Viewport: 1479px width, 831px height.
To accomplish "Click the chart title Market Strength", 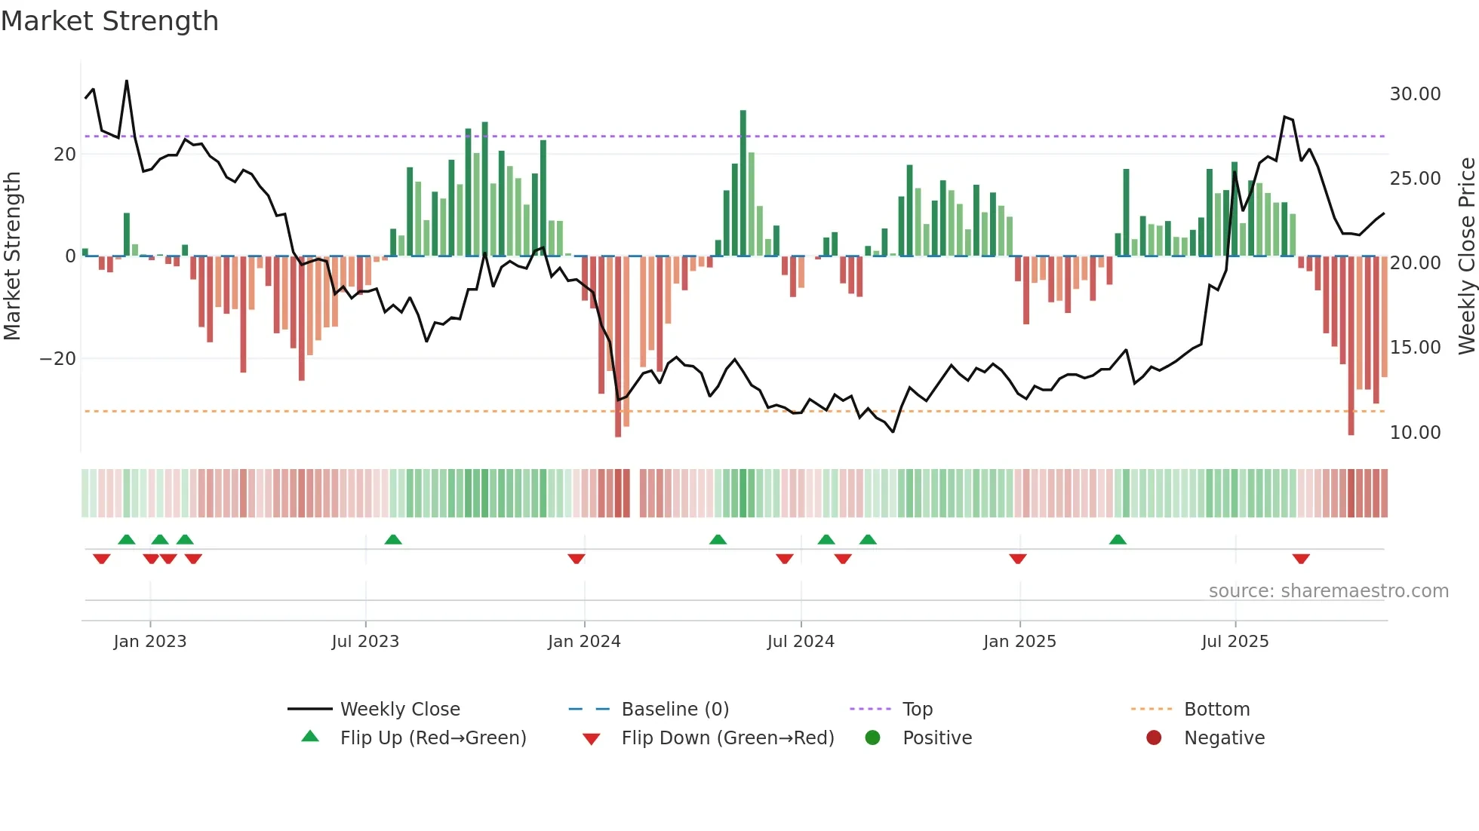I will (109, 21).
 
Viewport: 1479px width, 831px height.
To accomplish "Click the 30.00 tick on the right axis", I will (1415, 94).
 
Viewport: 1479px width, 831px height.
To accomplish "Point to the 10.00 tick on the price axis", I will (1415, 433).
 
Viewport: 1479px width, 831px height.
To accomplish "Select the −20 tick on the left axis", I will (57, 359).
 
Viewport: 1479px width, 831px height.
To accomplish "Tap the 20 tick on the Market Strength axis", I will (65, 155).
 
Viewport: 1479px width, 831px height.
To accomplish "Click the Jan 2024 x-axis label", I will (584, 642).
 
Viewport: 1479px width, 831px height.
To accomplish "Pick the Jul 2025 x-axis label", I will (1235, 642).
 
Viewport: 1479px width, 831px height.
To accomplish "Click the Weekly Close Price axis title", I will (1466, 256).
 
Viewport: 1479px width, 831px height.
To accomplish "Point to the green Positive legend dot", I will (872, 738).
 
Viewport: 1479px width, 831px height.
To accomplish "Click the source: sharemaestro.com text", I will (1328, 591).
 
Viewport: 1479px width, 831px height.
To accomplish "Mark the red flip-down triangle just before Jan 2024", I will (577, 559).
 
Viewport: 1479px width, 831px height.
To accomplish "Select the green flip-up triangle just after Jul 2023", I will (393, 539).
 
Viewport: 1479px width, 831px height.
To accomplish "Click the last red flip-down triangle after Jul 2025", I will (1301, 559).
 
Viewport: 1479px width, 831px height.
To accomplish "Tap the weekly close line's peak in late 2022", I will (127, 81).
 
